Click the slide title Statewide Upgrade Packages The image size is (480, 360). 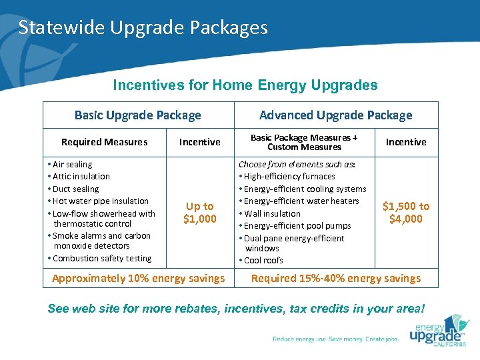(143, 27)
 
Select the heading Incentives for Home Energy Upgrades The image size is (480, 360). (245, 85)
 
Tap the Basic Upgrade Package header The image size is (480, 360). (137, 115)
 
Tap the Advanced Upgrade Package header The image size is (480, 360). (335, 115)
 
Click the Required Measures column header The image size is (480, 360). (104, 142)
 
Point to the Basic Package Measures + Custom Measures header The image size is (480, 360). (304, 142)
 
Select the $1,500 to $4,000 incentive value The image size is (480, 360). (405, 213)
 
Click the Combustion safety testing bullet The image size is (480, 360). (101, 259)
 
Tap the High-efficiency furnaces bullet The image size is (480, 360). (289, 177)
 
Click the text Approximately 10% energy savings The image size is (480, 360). (138, 278)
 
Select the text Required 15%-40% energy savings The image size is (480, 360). (335, 278)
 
